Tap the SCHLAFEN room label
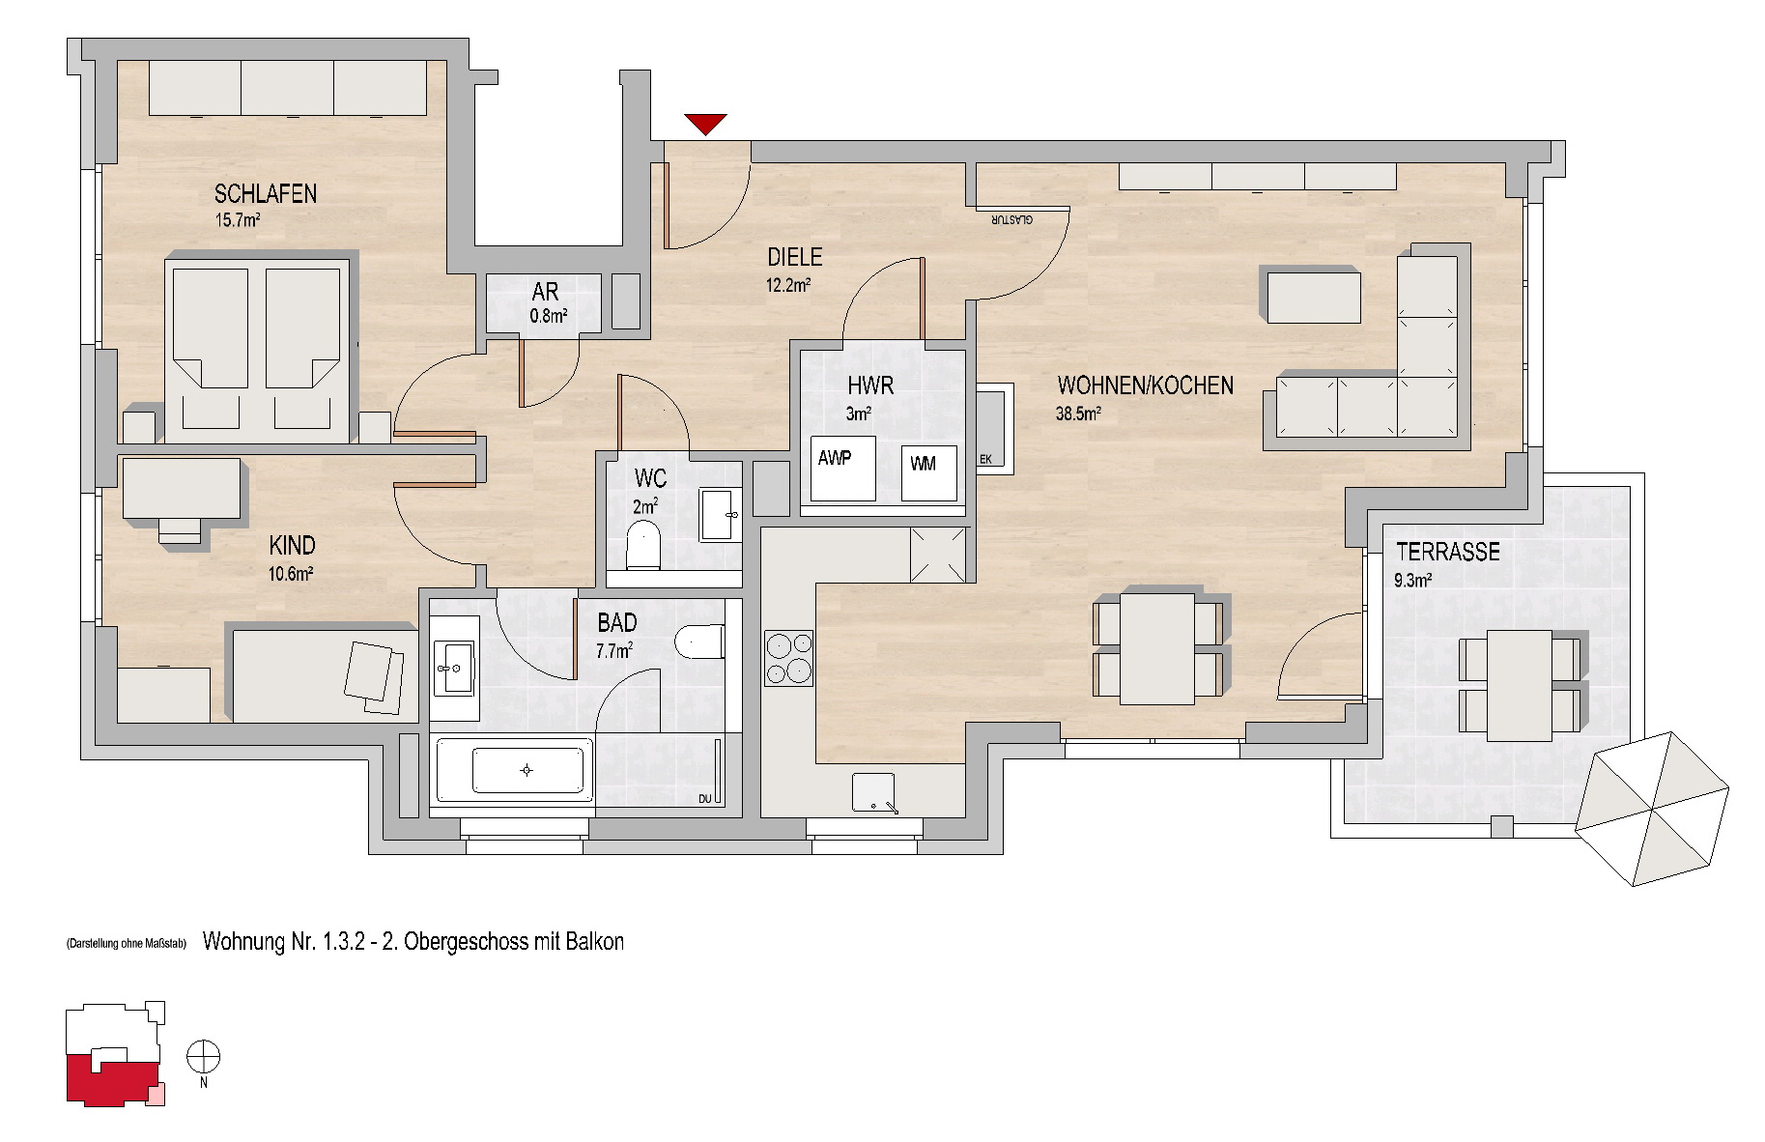click(x=266, y=193)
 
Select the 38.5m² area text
click(x=1079, y=414)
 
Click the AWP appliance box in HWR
click(x=843, y=469)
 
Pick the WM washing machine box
click(x=928, y=472)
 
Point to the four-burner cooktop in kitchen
click(x=788, y=658)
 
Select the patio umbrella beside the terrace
click(x=1652, y=809)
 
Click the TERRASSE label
click(x=1448, y=552)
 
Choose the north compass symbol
click(x=204, y=1057)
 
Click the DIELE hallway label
click(x=795, y=257)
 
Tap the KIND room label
click(x=292, y=546)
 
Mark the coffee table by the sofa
click(x=1314, y=297)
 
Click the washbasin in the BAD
click(x=454, y=668)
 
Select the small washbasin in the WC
click(x=718, y=515)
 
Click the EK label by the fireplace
click(x=985, y=460)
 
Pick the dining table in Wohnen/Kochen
click(x=1157, y=648)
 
